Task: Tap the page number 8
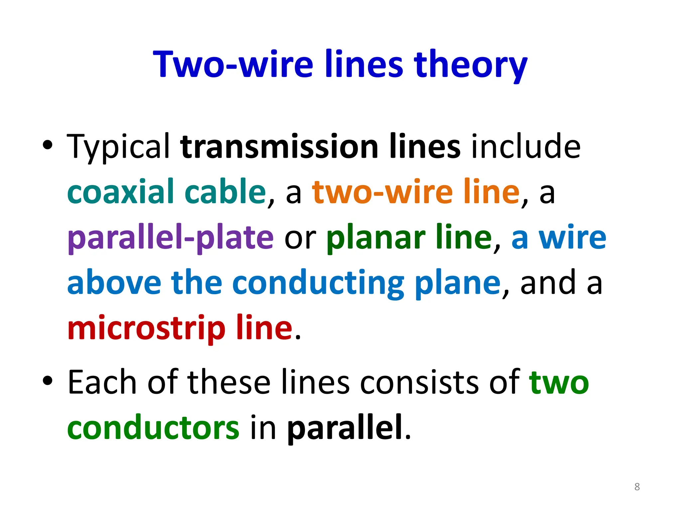click(x=637, y=487)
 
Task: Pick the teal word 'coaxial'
click(x=120, y=192)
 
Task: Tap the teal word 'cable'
click(x=225, y=192)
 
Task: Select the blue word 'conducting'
click(x=318, y=283)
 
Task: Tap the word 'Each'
click(x=102, y=382)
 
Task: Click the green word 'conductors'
click(x=153, y=428)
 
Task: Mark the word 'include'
click(x=526, y=147)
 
